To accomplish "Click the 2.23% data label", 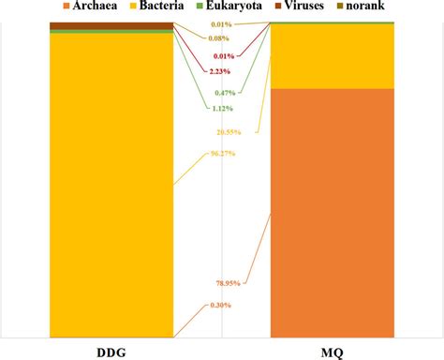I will click(x=221, y=71).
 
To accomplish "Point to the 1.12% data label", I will click(x=221, y=108).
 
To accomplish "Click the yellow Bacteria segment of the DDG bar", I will click(x=111, y=187).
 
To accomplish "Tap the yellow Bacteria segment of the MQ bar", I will click(x=332, y=56).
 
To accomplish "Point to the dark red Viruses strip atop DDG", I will click(x=111, y=25).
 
